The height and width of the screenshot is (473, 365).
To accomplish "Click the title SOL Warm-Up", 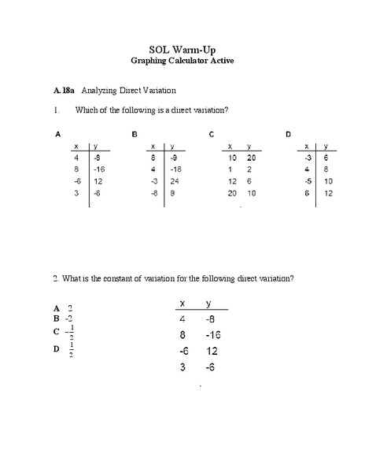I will pos(182,49).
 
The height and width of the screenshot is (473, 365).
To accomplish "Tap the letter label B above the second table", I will pos(135,135).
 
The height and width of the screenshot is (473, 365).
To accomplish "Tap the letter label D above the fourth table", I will pos(288,135).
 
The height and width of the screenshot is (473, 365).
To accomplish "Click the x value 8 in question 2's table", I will pos(182,335).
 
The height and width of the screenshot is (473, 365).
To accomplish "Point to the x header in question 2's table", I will pos(182,304).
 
